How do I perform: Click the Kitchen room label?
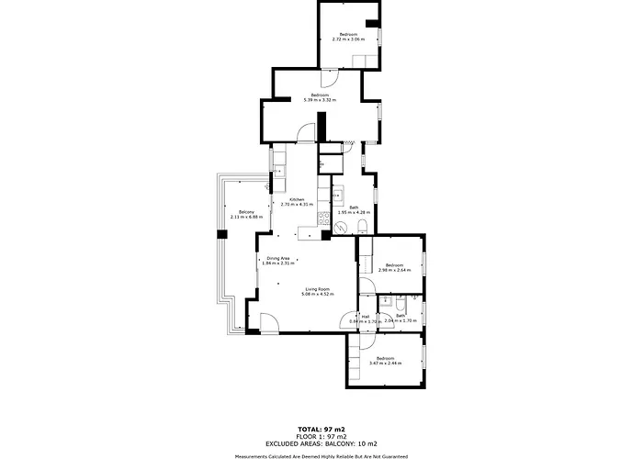tap(297, 200)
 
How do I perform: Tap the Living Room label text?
tap(319, 290)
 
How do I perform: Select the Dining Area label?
tap(278, 259)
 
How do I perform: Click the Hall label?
tap(365, 317)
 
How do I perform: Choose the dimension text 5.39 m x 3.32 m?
tap(320, 100)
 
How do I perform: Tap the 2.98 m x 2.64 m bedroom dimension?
tap(394, 270)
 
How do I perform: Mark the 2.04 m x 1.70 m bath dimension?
tap(400, 321)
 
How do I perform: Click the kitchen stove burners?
tap(323, 219)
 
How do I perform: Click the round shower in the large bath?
tap(336, 195)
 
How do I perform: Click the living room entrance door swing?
tap(268, 322)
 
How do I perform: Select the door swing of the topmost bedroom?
tap(369, 60)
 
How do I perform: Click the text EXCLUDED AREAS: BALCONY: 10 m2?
tap(321, 442)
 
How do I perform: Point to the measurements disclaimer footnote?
tap(321, 455)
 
